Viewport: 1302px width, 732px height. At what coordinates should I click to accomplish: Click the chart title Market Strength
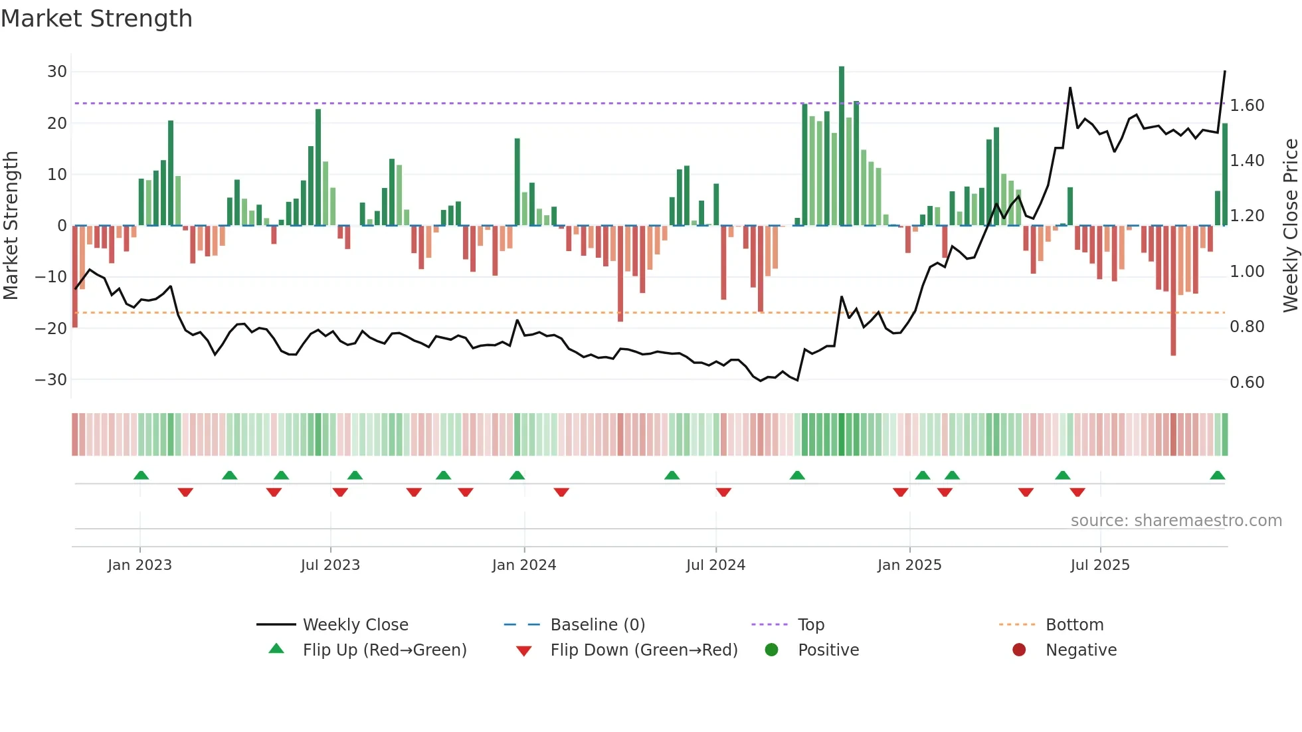(96, 19)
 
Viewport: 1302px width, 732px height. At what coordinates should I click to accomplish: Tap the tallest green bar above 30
(842, 146)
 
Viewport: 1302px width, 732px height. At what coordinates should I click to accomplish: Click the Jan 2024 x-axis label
(524, 565)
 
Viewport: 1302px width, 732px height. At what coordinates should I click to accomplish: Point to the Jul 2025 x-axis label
(1100, 565)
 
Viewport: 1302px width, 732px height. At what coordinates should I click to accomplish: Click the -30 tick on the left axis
(51, 380)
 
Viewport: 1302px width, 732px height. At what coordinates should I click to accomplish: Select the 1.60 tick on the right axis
(1247, 106)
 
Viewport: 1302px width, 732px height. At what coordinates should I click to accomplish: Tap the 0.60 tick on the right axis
(1247, 383)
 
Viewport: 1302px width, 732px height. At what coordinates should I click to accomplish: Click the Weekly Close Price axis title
(1290, 225)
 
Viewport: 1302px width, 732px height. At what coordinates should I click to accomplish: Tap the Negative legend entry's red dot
(1019, 650)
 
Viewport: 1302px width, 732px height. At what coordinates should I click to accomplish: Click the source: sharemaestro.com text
(1176, 521)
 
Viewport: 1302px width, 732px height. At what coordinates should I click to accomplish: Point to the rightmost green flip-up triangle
(1218, 476)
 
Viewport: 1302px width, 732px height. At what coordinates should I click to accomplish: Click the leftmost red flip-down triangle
(185, 492)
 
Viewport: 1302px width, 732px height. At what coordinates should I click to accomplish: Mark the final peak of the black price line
(1225, 72)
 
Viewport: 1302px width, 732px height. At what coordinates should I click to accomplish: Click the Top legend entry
(810, 625)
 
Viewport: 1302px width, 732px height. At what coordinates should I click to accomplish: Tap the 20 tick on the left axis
(56, 124)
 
